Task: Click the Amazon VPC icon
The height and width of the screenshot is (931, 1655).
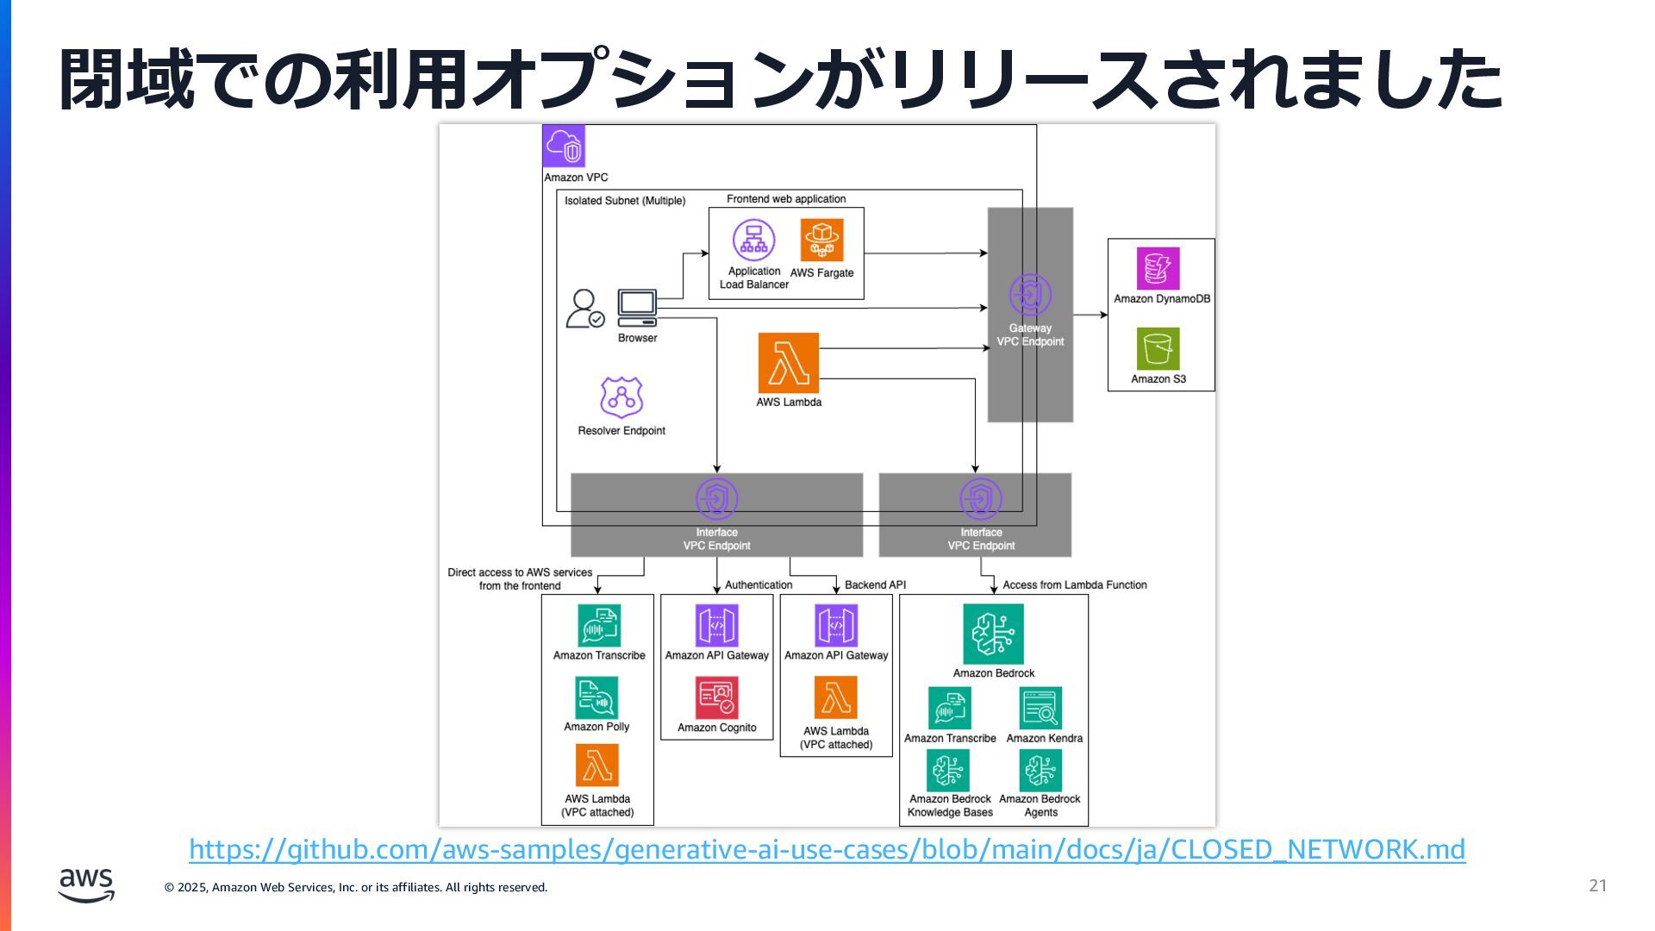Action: [x=564, y=146]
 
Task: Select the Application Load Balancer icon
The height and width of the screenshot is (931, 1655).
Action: [x=754, y=240]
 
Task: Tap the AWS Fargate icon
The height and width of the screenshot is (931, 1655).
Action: [x=822, y=240]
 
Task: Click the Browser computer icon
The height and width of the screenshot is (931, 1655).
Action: [x=637, y=308]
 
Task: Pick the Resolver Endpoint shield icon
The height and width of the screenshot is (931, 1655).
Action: [x=621, y=397]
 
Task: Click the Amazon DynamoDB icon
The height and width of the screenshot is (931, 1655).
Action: [x=1158, y=269]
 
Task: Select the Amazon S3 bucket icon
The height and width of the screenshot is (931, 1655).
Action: [x=1158, y=349]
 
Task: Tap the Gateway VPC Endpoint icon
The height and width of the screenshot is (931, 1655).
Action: [x=1030, y=296]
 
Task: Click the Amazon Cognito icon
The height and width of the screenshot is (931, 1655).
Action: [x=717, y=697]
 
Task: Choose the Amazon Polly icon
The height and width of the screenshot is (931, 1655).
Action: [x=596, y=697]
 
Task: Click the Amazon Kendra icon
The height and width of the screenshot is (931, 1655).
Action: [x=1041, y=708]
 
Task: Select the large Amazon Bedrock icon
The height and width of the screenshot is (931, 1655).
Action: [x=994, y=634]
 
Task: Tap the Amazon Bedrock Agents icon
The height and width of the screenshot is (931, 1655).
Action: [x=1041, y=770]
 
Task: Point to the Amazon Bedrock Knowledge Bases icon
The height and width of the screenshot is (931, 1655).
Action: [x=948, y=770]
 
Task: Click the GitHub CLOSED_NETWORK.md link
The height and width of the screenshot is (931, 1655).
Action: [x=827, y=850]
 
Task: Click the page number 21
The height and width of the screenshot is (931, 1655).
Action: [x=1598, y=885]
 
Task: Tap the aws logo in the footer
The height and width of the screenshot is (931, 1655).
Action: [x=86, y=885]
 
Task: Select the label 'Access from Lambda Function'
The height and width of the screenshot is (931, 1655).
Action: [x=1075, y=584]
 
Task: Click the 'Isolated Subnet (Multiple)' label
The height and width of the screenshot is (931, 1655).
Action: [x=625, y=201]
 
